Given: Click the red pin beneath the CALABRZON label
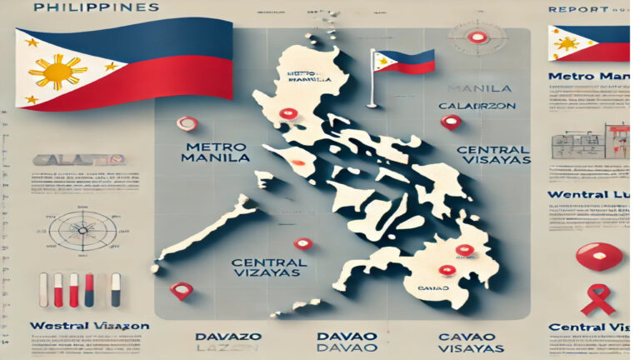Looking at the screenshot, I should click(451, 122).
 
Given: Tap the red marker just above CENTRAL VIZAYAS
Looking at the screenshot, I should click(302, 243).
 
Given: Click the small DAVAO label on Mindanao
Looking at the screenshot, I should click(451, 287).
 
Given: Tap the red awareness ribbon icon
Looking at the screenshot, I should click(596, 299).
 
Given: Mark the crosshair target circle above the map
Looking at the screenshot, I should click(477, 37).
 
